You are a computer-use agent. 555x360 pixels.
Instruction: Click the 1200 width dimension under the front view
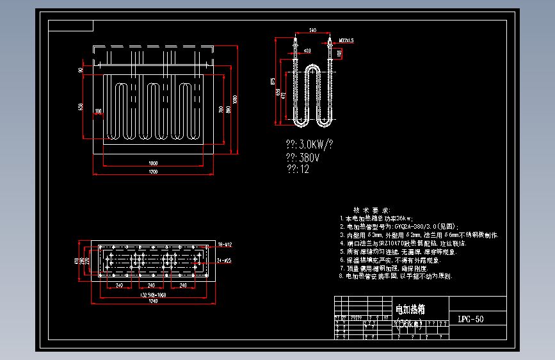(x=153, y=172)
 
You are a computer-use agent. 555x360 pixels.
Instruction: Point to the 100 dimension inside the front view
(x=98, y=111)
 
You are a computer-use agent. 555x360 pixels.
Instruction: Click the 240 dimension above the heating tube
(x=312, y=30)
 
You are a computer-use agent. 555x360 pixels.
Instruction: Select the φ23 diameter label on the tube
(x=307, y=50)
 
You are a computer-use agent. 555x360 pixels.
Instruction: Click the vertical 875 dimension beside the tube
(x=273, y=80)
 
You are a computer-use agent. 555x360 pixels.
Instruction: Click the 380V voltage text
(x=305, y=156)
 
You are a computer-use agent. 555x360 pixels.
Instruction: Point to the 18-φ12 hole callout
(x=225, y=245)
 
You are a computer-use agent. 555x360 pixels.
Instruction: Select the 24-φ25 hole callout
(x=225, y=261)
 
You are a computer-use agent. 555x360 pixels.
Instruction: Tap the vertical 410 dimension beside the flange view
(x=77, y=261)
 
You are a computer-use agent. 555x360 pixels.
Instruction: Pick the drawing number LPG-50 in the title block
(x=471, y=318)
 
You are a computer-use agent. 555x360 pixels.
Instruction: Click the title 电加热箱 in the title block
(x=410, y=310)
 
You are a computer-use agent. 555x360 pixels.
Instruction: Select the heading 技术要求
(x=371, y=210)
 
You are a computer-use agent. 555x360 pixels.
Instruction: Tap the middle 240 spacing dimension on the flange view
(x=151, y=285)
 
